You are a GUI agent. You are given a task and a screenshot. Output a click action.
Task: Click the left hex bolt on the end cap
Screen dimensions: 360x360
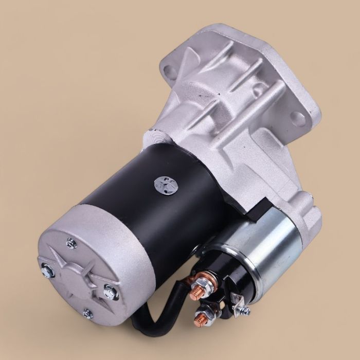coord(47,268)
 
